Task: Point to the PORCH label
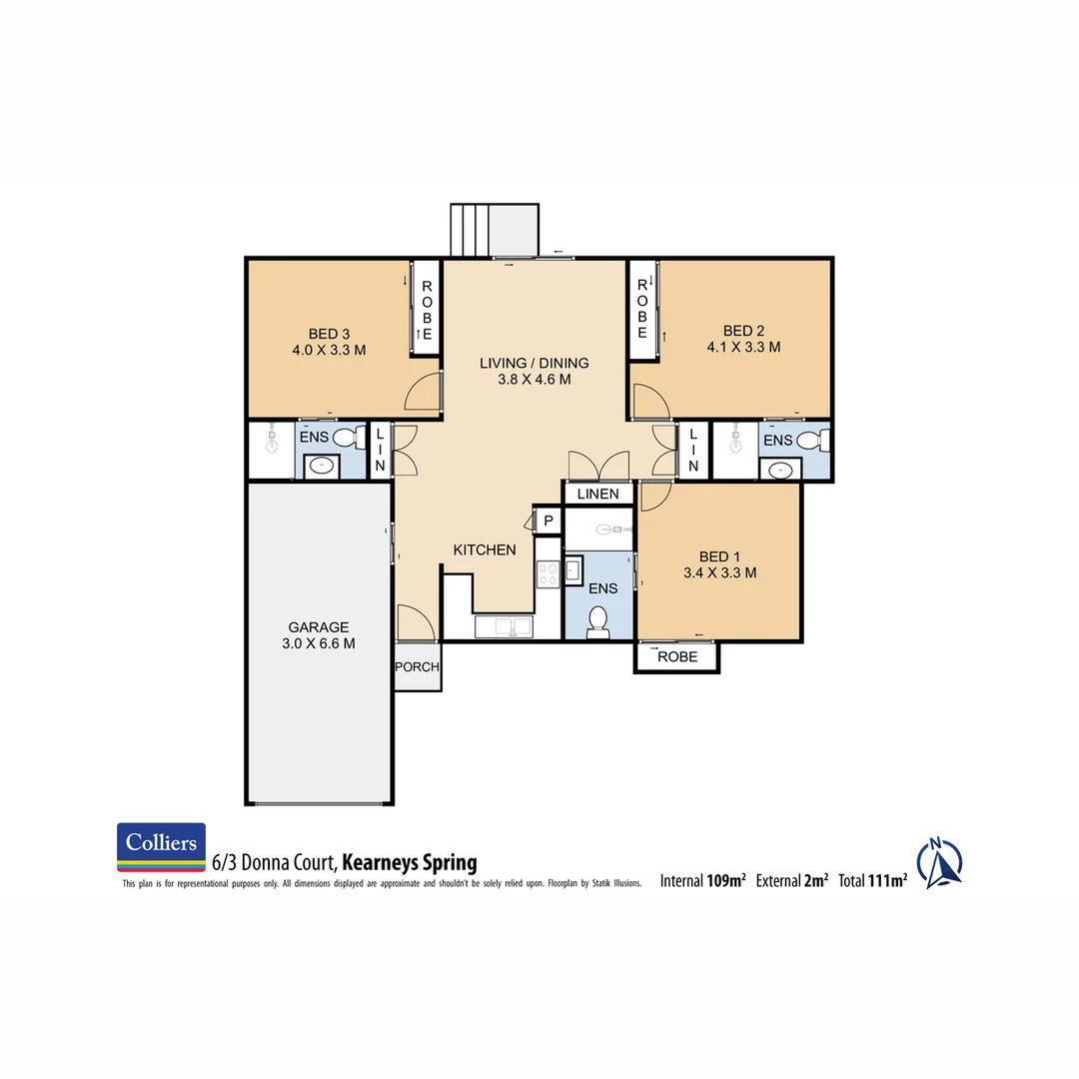[x=418, y=666]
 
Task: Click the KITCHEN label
[x=485, y=549]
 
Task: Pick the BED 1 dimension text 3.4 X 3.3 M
[x=719, y=573]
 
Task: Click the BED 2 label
[x=743, y=331]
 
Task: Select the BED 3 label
[x=328, y=334]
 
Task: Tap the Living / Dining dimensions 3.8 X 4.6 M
[x=534, y=380]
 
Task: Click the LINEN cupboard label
[x=597, y=494]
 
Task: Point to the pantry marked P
[x=548, y=521]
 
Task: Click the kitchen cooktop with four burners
[x=547, y=573]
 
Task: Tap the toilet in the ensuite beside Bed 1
[x=598, y=621]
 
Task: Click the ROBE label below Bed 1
[x=676, y=657]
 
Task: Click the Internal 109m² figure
[x=703, y=881]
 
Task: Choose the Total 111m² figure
[x=873, y=881]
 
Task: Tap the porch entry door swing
[x=416, y=622]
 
